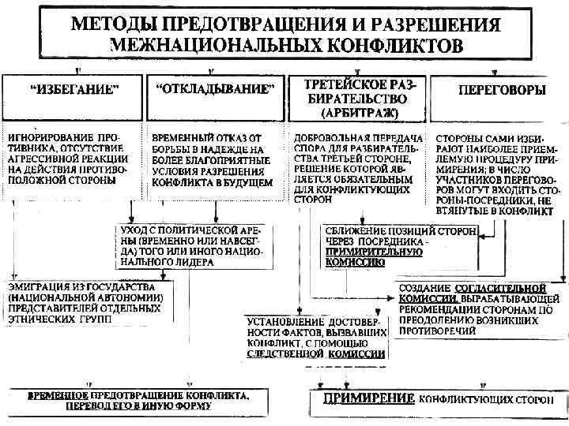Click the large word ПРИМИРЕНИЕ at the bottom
click(366, 398)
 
